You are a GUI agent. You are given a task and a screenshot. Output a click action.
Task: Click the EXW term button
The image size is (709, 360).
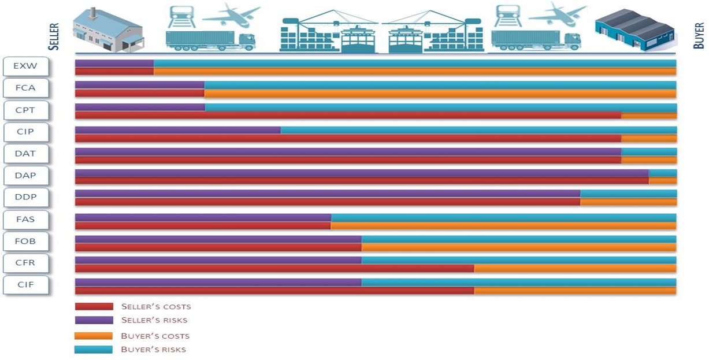26,66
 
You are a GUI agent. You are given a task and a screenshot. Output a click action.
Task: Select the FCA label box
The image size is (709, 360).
26,88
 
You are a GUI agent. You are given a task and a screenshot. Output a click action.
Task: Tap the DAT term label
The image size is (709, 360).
26,154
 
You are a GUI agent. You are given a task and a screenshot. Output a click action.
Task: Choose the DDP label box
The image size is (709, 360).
26,197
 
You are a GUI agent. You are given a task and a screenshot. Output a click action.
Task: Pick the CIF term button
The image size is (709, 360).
26,285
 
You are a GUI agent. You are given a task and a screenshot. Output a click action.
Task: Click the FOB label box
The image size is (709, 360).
26,241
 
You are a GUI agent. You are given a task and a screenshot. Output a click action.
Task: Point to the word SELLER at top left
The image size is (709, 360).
54,36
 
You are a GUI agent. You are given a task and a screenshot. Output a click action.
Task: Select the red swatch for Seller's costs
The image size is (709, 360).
94,306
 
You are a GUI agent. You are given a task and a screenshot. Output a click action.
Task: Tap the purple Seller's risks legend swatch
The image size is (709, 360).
94,320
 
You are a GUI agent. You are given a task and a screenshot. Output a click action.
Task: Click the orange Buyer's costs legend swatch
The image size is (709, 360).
94,336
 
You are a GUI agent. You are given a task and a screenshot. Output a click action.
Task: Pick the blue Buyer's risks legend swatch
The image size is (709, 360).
94,350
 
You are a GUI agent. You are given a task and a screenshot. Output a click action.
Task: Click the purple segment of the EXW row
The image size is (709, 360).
114,63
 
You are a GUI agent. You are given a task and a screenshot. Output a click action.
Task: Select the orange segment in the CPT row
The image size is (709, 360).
648,115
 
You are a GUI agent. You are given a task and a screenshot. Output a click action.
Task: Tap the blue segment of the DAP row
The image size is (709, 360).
662,173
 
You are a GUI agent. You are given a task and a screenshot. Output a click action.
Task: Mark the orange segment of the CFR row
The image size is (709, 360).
575,268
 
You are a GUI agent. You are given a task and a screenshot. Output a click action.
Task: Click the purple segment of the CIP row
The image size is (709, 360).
177,130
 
